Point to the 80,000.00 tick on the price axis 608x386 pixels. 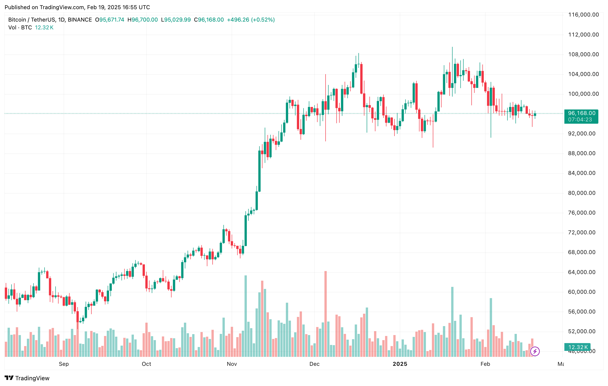coord(582,193)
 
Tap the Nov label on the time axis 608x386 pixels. coord(231,364)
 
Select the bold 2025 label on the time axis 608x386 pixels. coord(400,364)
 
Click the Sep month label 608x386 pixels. coord(64,364)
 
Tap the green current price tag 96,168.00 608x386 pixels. coord(581,113)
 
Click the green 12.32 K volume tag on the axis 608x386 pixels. coord(578,347)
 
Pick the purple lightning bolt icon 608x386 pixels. coord(535,351)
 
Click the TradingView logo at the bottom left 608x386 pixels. coord(27,378)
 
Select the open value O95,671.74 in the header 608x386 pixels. coord(110,20)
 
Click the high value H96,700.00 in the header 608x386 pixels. coord(142,20)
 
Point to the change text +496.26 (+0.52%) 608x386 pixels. coord(251,20)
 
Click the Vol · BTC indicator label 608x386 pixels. coord(20,28)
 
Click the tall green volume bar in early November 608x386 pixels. coord(246,315)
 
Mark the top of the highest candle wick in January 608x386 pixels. coord(452,47)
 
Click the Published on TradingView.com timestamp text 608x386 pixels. coord(77,7)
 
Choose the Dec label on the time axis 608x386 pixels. coord(314,364)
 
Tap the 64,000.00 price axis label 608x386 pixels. coord(582,272)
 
